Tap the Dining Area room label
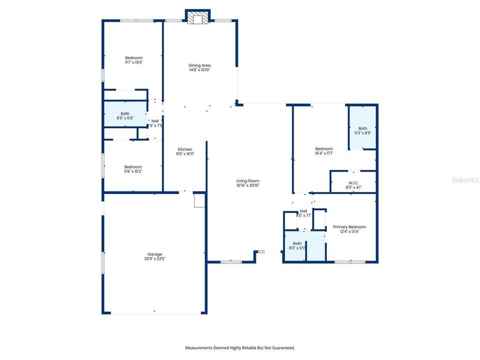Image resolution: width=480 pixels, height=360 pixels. pyautogui.click(x=199, y=65)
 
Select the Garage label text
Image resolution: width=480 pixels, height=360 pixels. pyautogui.click(x=154, y=254)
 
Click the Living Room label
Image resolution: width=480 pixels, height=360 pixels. pyautogui.click(x=248, y=181)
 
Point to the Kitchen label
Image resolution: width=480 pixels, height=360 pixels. pyautogui.click(x=185, y=149)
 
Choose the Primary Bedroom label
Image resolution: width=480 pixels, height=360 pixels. pyautogui.click(x=349, y=227)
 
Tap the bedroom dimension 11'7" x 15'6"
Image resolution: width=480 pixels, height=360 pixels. pyautogui.click(x=133, y=62)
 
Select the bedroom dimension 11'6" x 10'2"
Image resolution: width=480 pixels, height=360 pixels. pyautogui.click(x=133, y=171)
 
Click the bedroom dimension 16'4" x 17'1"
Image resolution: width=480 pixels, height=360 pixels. pyautogui.click(x=324, y=153)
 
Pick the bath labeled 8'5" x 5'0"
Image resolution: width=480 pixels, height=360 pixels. pyautogui.click(x=125, y=118)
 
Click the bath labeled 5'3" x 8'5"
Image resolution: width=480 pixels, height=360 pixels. pyautogui.click(x=362, y=133)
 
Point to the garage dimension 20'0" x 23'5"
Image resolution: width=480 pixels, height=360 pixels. pyautogui.click(x=154, y=259)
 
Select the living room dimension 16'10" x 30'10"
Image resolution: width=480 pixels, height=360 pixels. pyautogui.click(x=248, y=185)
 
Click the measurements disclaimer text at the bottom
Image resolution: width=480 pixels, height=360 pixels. pyautogui.click(x=240, y=347)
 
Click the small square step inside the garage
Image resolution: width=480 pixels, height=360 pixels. pyautogui.click(x=199, y=200)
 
